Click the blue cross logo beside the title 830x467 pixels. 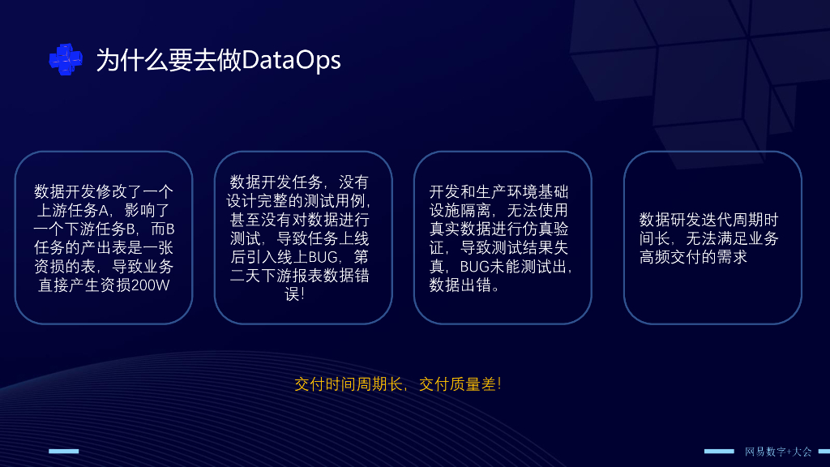(x=66, y=59)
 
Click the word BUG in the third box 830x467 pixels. (x=474, y=267)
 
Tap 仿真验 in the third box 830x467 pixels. (x=541, y=229)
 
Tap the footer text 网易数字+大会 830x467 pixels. (x=777, y=451)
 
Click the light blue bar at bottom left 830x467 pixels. (x=63, y=451)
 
